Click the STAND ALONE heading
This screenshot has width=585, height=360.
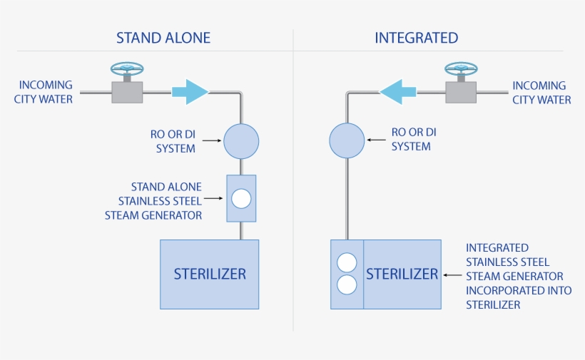point(163,38)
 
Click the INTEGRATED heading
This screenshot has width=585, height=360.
point(416,38)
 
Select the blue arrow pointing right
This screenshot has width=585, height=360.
point(189,92)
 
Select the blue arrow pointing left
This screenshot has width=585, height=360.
point(397,92)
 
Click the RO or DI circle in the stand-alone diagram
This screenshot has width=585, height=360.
point(241,140)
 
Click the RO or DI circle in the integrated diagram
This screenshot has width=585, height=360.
point(347,140)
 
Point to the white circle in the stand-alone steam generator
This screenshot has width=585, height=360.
point(242,198)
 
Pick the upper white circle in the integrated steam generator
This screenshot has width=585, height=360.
point(347,262)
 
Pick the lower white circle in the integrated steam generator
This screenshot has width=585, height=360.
point(347,285)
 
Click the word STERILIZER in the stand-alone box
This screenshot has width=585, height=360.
point(210,274)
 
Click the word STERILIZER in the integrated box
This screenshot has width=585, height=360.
point(402,274)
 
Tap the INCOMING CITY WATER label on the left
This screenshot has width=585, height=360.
point(44,93)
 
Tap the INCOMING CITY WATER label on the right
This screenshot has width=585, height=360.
point(541,93)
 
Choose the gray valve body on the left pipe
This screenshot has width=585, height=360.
point(127,93)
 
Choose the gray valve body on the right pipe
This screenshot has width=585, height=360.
point(461,93)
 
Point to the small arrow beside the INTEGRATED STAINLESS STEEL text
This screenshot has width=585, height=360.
point(452,274)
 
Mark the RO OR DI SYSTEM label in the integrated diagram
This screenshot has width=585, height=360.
point(414,139)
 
